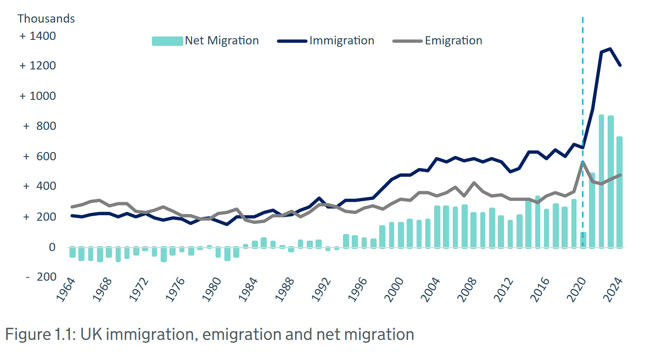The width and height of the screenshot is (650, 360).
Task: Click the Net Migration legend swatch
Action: [x=167, y=41]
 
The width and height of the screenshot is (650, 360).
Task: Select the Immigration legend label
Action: [x=341, y=41]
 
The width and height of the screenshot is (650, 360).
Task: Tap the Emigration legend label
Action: [x=453, y=41]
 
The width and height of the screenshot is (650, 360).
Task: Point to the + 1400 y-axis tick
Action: [x=38, y=36]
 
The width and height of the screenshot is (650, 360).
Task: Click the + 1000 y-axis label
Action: [x=38, y=96]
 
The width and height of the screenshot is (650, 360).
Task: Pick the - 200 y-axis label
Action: [x=41, y=277]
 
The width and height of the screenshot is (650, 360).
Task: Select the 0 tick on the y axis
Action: [x=52, y=247]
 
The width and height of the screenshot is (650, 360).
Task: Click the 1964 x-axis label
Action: [x=66, y=290]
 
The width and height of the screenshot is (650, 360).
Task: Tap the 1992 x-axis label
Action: [x=321, y=290]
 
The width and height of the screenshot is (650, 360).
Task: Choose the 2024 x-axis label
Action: [x=613, y=290]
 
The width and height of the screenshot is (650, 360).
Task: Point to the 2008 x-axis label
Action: [x=467, y=290]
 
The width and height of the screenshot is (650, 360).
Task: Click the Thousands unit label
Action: [x=46, y=19]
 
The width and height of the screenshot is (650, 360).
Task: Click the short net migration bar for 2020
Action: [x=583, y=240]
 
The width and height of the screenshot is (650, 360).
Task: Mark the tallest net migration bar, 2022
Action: [x=602, y=181]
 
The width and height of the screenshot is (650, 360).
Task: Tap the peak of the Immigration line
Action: [x=610, y=49]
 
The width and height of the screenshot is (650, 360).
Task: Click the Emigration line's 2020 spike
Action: [x=583, y=162]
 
